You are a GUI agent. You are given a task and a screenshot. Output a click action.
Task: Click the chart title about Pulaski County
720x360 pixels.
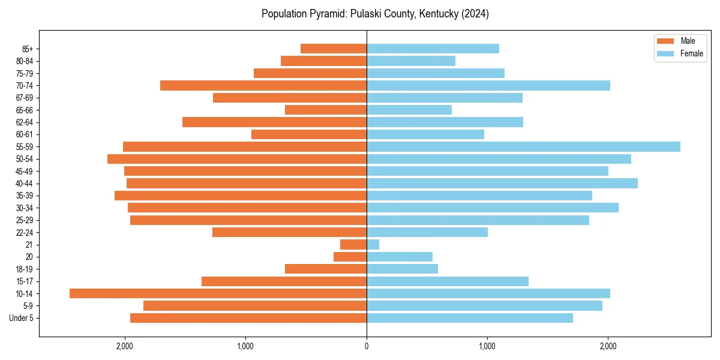point(375,14)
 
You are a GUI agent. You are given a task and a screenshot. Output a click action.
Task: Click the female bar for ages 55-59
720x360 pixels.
point(523,146)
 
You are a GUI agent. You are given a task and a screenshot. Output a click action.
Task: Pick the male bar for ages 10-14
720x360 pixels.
point(218,293)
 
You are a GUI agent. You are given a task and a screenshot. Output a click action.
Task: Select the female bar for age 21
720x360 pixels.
point(373,244)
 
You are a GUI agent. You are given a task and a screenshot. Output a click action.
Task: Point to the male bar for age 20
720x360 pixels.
point(350,257)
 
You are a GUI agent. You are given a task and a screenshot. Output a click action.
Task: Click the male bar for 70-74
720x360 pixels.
point(263,85)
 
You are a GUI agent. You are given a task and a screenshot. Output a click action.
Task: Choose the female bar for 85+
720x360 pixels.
point(433,49)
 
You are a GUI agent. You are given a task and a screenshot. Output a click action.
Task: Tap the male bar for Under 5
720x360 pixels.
point(248,318)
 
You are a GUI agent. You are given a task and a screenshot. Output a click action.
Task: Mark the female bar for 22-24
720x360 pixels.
point(427,232)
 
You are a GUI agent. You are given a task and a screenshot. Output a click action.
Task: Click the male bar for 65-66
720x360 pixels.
point(326,110)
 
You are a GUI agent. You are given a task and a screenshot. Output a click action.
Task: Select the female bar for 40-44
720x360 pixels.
point(502,183)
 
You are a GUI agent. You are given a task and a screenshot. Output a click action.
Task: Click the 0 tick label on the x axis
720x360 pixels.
point(367,346)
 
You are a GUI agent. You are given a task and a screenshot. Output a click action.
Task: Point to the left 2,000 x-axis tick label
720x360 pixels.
point(125,346)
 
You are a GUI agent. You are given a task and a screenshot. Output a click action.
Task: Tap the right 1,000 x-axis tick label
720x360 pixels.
point(487,346)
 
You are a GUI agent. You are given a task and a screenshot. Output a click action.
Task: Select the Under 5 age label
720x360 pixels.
point(22,318)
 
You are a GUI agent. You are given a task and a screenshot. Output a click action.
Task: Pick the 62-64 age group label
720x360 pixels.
point(25,122)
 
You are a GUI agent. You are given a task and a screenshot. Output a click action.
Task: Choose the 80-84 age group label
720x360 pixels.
point(25,61)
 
